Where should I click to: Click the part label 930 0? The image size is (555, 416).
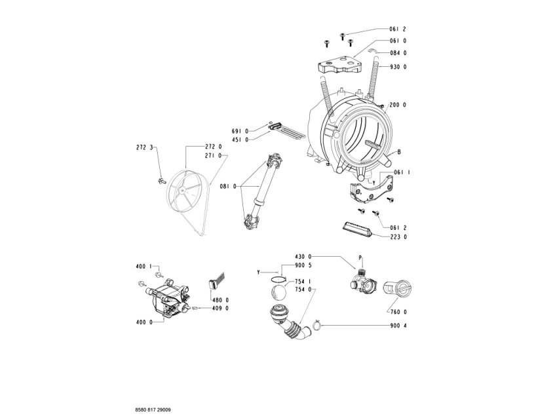pos(398,67)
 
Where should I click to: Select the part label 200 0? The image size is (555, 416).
pos(398,105)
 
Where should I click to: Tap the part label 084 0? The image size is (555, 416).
pos(398,53)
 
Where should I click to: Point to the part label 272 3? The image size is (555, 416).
pos(144,147)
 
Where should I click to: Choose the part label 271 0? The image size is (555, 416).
pos(214,156)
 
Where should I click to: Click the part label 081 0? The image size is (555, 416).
pos(228,187)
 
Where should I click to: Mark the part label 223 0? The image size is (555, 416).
pos(398,237)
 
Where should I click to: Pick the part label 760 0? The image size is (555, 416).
pos(398,312)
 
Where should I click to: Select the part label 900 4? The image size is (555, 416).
pos(398,326)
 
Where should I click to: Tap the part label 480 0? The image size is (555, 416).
pos(221,300)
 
